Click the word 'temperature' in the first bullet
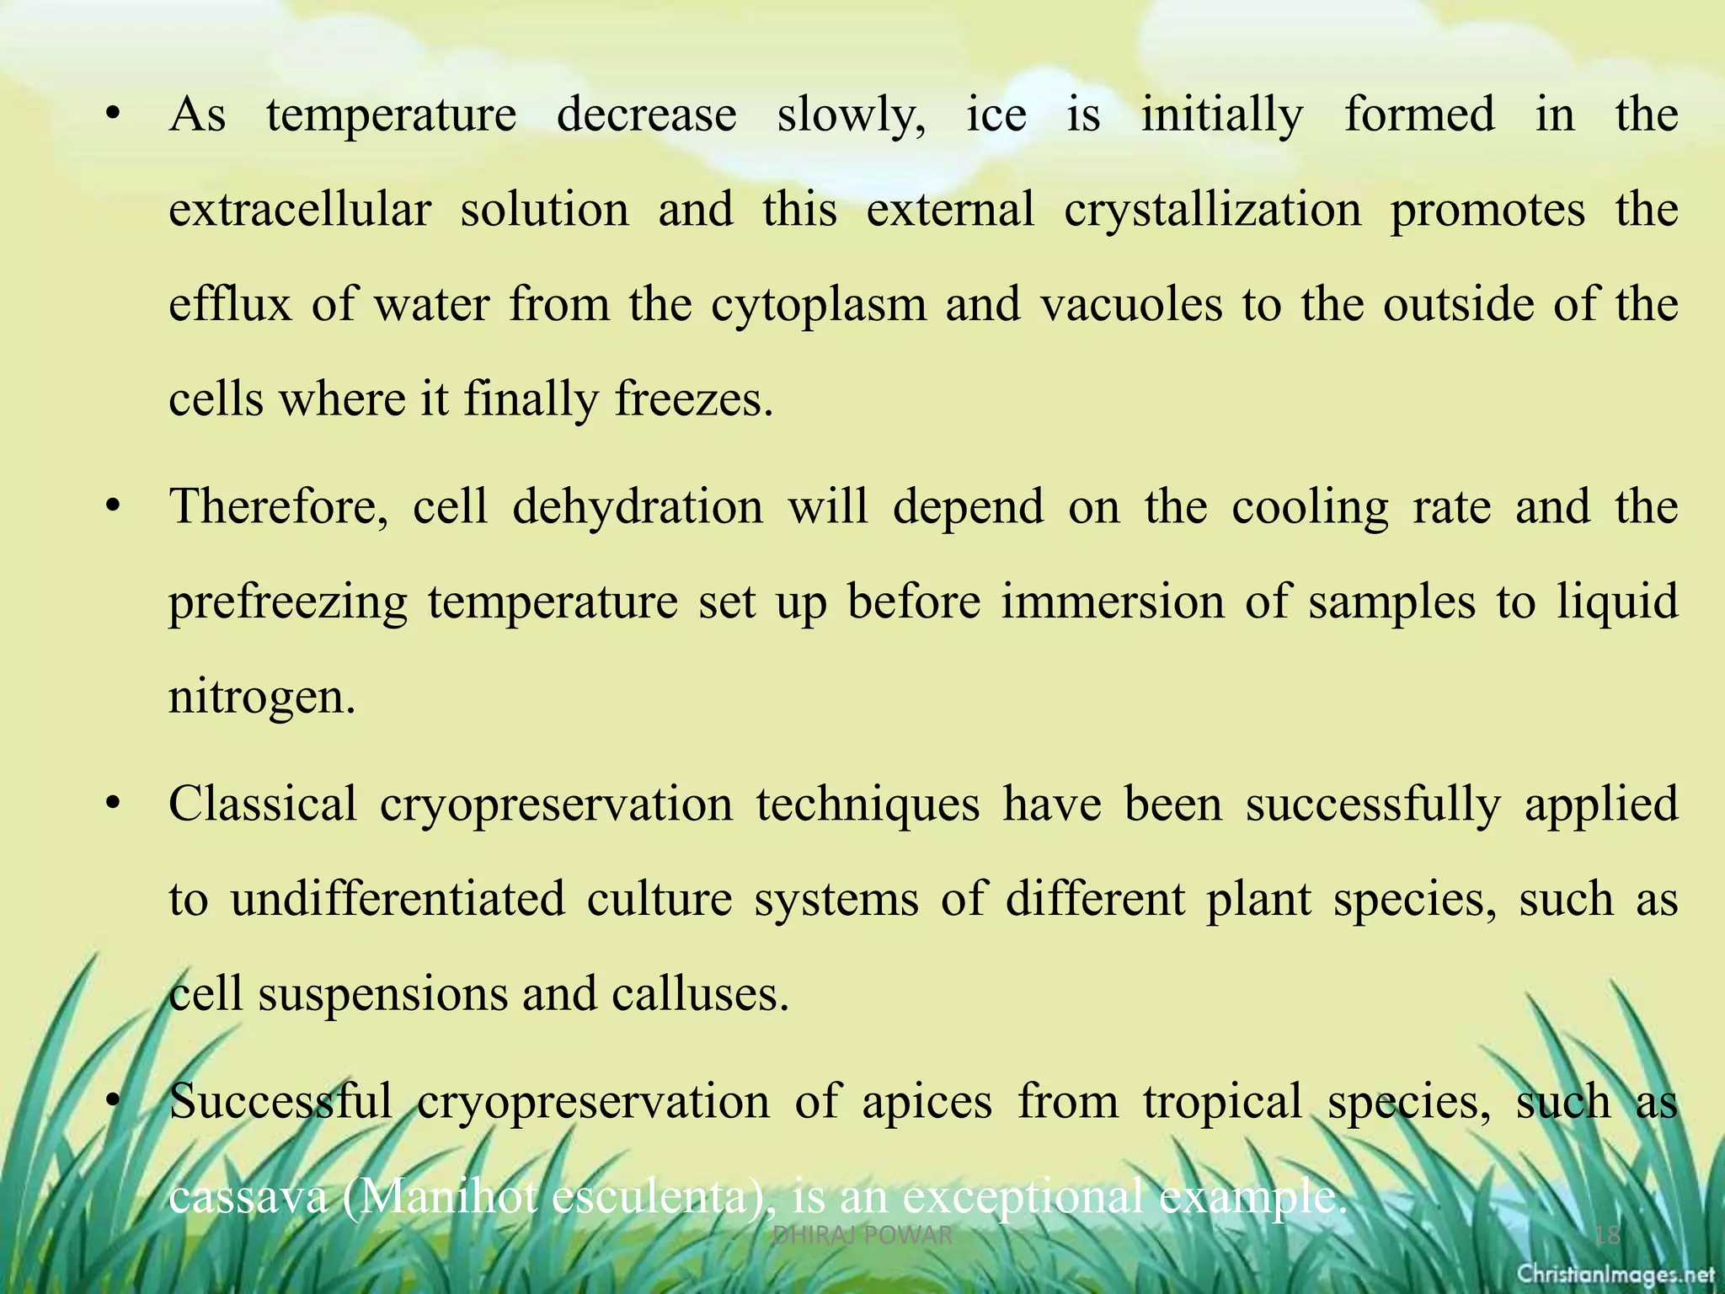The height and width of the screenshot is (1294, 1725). tap(391, 116)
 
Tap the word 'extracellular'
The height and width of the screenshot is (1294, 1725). tap(300, 211)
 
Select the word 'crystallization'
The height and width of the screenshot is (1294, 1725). tap(1213, 211)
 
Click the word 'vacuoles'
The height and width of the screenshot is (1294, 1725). tap(1131, 304)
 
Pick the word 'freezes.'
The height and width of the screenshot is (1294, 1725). tap(694, 399)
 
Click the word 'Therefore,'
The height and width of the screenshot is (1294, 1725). tap(279, 507)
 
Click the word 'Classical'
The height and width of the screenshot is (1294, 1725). tap(263, 804)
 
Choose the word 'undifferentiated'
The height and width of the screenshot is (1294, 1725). tap(398, 899)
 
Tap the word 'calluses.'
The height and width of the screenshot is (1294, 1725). tap(701, 994)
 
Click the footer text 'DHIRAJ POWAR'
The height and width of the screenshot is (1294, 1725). tap(862, 1236)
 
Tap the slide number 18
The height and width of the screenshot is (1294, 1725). tap(1607, 1236)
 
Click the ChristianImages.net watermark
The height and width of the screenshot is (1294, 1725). tap(1616, 1275)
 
